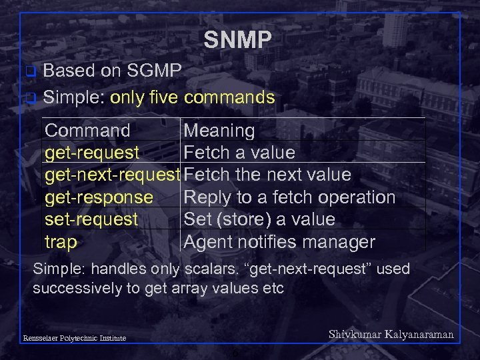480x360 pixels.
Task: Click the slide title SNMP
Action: pyautogui.click(x=238, y=40)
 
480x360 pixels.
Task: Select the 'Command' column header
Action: pyautogui.click(x=87, y=131)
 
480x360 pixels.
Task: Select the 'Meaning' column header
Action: pyautogui.click(x=219, y=131)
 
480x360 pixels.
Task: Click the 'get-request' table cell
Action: pyautogui.click(x=92, y=153)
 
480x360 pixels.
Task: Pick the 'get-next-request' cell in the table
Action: pyautogui.click(x=113, y=175)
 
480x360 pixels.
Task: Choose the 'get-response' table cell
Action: pyautogui.click(x=99, y=197)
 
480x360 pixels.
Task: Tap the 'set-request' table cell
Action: pyautogui.click(x=91, y=219)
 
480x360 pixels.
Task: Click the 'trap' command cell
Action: pyautogui.click(x=61, y=242)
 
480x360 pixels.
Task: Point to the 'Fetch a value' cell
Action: pyautogui.click(x=239, y=153)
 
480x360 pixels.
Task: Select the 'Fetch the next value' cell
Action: pyautogui.click(x=267, y=175)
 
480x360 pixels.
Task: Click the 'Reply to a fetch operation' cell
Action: pyautogui.click(x=289, y=197)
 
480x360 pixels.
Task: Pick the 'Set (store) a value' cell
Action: pyautogui.click(x=259, y=219)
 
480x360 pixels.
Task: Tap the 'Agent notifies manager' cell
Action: pyautogui.click(x=279, y=242)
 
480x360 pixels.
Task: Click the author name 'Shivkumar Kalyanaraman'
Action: pyautogui.click(x=391, y=335)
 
